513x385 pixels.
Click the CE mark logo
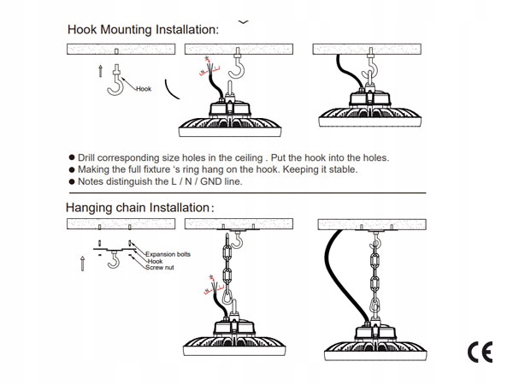(479, 352)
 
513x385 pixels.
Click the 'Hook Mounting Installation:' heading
(143, 29)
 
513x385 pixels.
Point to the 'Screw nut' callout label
(160, 269)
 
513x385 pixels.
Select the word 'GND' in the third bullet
(223, 181)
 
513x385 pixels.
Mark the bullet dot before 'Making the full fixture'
(71, 170)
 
